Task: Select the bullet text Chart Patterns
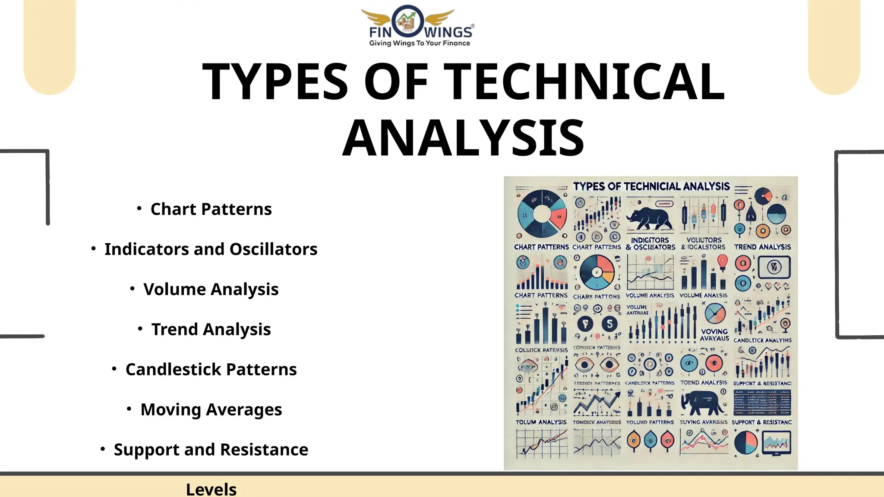(x=211, y=209)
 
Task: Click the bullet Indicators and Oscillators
(x=211, y=249)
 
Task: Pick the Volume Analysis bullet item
(x=211, y=289)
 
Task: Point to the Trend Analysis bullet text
(x=211, y=330)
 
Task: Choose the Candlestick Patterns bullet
(x=211, y=370)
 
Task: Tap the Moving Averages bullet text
(x=211, y=410)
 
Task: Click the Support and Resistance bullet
(x=211, y=450)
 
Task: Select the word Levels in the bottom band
(x=211, y=490)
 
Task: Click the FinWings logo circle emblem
(x=407, y=21)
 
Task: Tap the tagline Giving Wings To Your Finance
(x=419, y=43)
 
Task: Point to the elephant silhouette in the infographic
(x=702, y=403)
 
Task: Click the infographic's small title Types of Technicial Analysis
(x=651, y=186)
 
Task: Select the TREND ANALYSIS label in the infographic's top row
(x=762, y=247)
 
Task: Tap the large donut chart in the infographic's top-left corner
(x=542, y=213)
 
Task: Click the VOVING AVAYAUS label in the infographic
(x=714, y=335)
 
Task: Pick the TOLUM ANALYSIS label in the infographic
(x=541, y=422)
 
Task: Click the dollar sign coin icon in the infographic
(x=609, y=324)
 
